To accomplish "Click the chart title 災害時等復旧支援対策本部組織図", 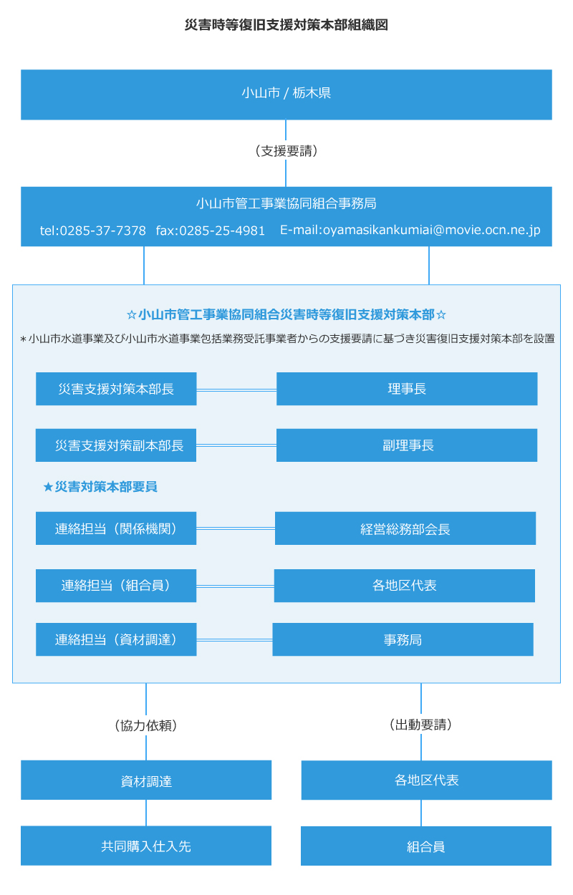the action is pyautogui.click(x=286, y=25).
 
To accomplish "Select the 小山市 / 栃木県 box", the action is pyautogui.click(x=286, y=95).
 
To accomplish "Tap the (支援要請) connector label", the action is pyautogui.click(x=286, y=151).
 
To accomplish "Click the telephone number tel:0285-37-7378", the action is pyautogui.click(x=92, y=231).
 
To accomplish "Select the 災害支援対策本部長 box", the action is pyautogui.click(x=116, y=389).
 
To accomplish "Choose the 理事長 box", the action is pyautogui.click(x=407, y=389).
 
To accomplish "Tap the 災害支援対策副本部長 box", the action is pyautogui.click(x=116, y=445).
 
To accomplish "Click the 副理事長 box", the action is pyautogui.click(x=407, y=445).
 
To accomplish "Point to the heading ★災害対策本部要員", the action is pyautogui.click(x=100, y=487).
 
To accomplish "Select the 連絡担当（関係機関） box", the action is pyautogui.click(x=116, y=528).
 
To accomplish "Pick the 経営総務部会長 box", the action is pyautogui.click(x=405, y=528).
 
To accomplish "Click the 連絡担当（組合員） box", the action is pyautogui.click(x=116, y=586).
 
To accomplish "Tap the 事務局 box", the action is pyautogui.click(x=403, y=639).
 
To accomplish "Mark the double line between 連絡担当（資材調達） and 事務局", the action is pyautogui.click(x=234, y=639).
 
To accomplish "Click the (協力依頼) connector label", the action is pyautogui.click(x=146, y=725).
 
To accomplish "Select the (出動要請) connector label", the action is pyautogui.click(x=420, y=725).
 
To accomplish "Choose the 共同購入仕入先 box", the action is pyautogui.click(x=146, y=846).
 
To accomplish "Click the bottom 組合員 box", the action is pyautogui.click(x=426, y=846).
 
